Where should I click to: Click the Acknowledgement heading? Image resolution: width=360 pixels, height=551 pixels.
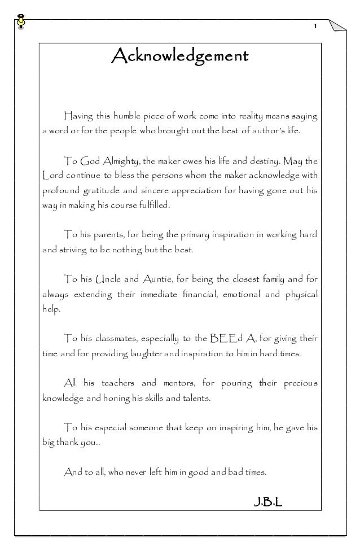180,56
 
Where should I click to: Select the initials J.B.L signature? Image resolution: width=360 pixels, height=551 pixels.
266,500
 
